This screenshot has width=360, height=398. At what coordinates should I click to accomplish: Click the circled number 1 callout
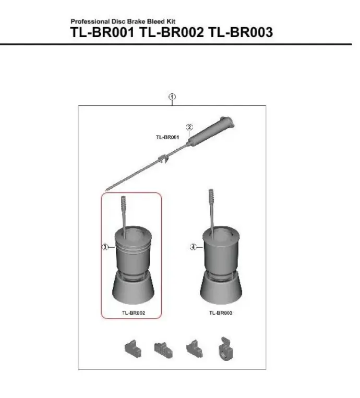(172, 97)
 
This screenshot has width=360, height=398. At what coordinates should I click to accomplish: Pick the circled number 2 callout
(189, 127)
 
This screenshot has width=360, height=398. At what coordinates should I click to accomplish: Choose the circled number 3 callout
(105, 247)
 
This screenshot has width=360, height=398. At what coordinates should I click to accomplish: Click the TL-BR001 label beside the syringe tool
(167, 137)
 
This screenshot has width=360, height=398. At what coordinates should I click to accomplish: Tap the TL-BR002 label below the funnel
(133, 312)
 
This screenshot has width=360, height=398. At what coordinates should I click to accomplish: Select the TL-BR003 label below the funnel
(221, 312)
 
